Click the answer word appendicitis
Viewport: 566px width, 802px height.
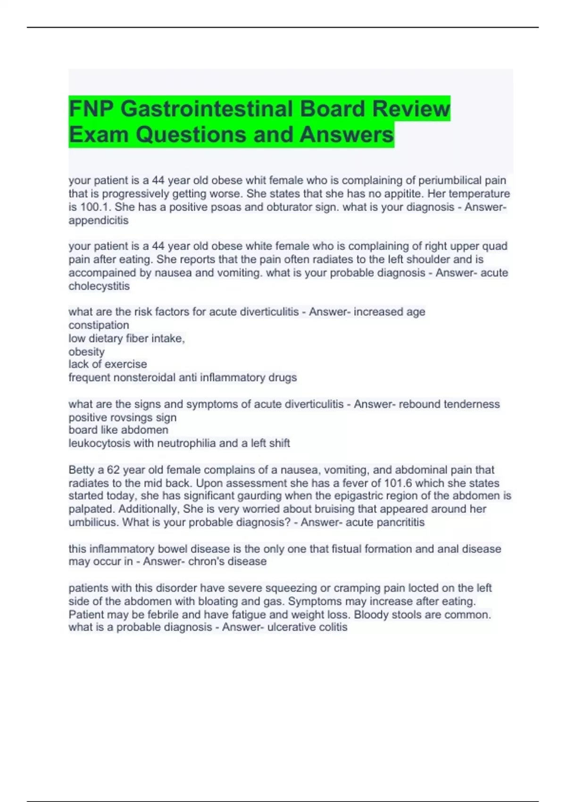98,220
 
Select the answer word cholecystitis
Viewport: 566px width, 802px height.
99,286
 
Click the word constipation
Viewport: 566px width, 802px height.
99,325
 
